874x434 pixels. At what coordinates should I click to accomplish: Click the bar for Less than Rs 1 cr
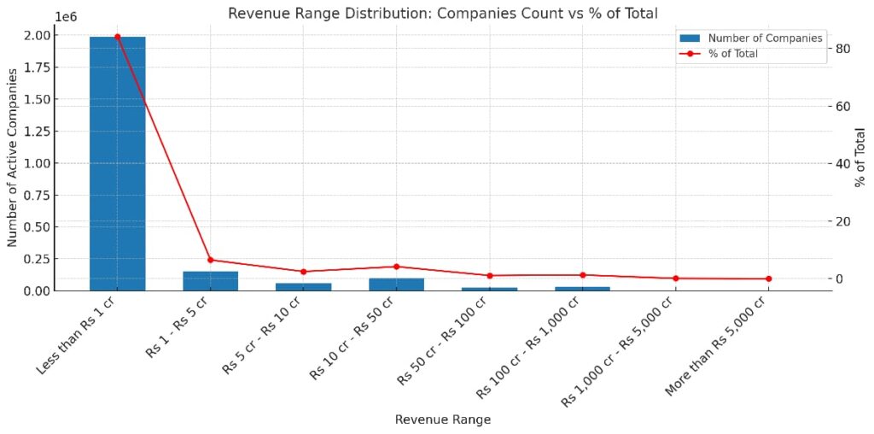coord(117,163)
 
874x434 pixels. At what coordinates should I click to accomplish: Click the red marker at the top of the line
coord(117,37)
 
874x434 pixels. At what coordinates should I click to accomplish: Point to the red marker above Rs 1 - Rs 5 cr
coord(210,260)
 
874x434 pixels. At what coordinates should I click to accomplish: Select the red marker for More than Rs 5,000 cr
coord(768,279)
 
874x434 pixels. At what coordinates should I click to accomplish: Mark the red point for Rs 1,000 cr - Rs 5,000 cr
coord(675,278)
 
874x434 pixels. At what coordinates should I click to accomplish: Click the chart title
coord(442,12)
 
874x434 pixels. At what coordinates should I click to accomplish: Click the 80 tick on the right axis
coord(844,49)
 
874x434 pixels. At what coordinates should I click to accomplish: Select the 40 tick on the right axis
coord(844,164)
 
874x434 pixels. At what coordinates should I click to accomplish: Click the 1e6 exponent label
coord(66,16)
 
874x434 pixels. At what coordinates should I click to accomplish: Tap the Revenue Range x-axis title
coord(442,419)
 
